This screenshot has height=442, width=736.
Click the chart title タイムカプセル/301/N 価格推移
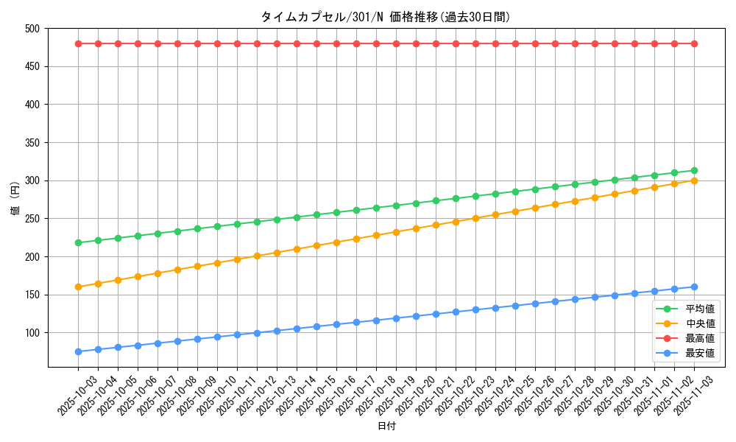385,17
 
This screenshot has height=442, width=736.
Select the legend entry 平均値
700,309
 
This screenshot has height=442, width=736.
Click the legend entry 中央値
700,323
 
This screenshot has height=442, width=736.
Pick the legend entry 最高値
700,338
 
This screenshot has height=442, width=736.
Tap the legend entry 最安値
700,353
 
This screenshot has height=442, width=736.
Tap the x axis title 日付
386,427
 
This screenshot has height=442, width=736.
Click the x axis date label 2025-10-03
68,396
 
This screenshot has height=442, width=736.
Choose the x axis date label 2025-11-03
684,396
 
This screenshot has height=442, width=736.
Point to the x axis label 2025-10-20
406,396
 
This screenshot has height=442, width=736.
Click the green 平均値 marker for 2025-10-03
78,242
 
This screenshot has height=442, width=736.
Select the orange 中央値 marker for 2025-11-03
694,180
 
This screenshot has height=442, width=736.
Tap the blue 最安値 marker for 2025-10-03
78,351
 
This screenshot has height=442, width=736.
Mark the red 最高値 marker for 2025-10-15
316,43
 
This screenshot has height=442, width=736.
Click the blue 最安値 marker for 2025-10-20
416,316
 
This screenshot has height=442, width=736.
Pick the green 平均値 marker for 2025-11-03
694,170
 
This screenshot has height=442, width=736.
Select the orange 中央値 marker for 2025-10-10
217,263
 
